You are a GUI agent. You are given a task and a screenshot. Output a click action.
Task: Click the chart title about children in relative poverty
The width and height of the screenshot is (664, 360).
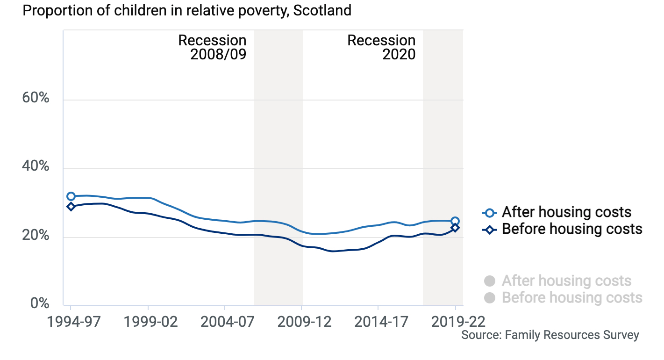tap(187, 11)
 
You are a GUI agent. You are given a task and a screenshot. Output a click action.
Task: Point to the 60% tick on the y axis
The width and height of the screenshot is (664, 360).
tap(36, 99)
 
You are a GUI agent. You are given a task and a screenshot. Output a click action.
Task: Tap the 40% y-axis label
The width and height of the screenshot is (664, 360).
tap(36, 167)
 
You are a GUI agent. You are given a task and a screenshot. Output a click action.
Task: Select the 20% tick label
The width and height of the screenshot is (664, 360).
tap(36, 236)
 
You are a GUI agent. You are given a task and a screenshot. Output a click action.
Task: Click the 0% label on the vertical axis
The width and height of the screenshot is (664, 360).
tap(40, 304)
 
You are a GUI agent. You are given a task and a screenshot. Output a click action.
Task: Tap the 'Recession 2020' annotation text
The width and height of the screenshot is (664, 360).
tap(381, 47)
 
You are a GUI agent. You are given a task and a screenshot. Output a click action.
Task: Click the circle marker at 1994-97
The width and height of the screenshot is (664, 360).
tap(71, 196)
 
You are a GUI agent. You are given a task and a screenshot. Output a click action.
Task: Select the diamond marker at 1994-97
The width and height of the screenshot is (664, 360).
tap(71, 206)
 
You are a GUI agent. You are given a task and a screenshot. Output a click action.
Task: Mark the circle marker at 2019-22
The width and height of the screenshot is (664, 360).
tap(455, 221)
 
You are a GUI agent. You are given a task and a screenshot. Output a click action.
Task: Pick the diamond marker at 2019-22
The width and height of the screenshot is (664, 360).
tap(455, 228)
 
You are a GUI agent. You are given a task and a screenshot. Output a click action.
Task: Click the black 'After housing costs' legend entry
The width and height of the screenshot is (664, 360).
tap(566, 212)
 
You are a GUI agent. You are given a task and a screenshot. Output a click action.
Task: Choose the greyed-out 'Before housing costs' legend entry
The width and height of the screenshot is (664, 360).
tap(571, 297)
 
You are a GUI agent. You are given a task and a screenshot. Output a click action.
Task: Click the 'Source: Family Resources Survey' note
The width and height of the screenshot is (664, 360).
tap(550, 335)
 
